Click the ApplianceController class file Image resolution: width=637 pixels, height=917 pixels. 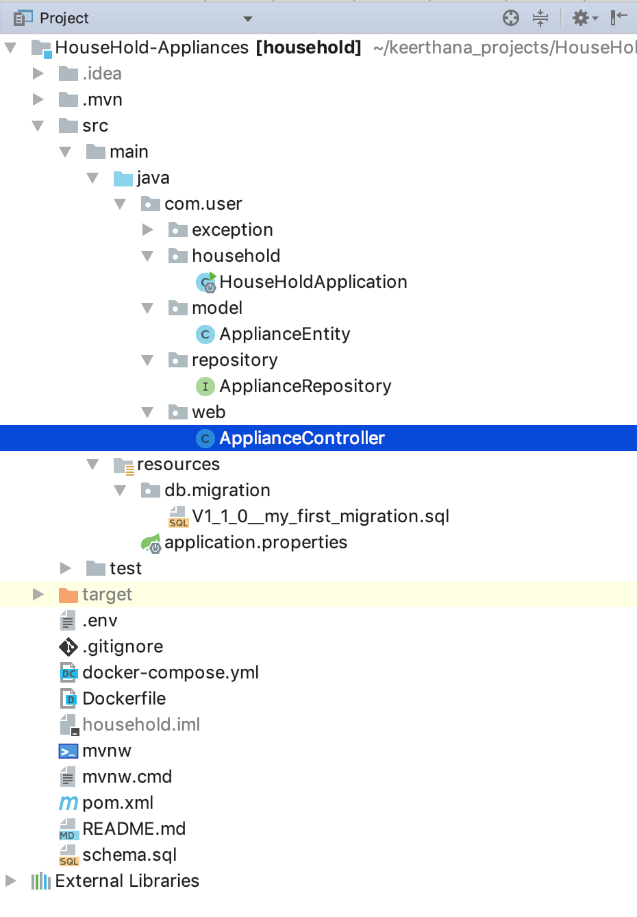tap(301, 438)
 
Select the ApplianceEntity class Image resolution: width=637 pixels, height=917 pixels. tap(284, 334)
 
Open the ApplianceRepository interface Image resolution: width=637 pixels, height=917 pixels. tap(305, 386)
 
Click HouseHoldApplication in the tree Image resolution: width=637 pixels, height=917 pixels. tap(312, 282)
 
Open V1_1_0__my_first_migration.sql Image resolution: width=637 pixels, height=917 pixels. tap(320, 516)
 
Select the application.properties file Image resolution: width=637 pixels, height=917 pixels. tap(255, 542)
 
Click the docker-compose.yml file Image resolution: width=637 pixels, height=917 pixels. tap(170, 672)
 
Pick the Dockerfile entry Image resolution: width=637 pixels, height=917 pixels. tap(124, 698)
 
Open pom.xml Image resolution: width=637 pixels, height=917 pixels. tap(117, 803)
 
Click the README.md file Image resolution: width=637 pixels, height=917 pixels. tap(134, 829)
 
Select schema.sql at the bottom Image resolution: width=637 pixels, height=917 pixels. tap(129, 855)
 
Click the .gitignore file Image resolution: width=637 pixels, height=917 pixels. tap(122, 646)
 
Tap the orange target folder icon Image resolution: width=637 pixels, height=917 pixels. tap(68, 594)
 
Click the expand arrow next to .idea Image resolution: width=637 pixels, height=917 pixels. tap(38, 73)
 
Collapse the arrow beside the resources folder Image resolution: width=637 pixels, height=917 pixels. tap(93, 465)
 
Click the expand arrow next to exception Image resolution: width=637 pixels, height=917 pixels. tap(148, 230)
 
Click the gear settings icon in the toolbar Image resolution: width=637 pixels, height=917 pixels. tap(581, 18)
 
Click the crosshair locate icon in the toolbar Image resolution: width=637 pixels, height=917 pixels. tap(511, 18)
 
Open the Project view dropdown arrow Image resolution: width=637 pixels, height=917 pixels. tap(248, 19)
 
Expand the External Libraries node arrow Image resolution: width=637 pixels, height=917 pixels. tap(10, 881)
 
